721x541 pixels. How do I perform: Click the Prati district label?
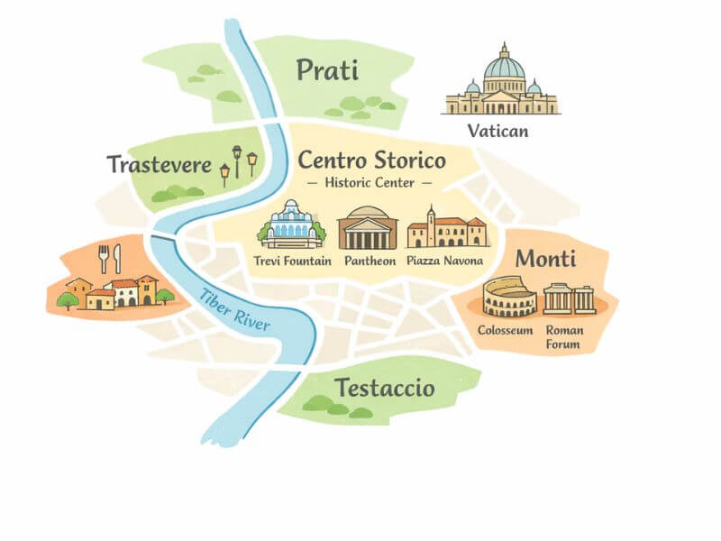point(327,70)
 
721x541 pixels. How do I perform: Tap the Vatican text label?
point(497,132)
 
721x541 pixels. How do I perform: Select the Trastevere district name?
point(159,165)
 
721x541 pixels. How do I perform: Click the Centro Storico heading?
point(371,161)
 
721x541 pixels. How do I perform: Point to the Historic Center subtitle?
point(370,183)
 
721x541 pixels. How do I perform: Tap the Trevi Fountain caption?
point(293,261)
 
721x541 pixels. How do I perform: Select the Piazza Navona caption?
point(445,261)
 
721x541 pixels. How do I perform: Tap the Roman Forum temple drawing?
point(571,298)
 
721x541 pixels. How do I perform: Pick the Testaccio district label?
point(385,389)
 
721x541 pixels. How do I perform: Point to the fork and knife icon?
point(109,259)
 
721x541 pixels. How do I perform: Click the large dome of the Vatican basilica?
point(503,64)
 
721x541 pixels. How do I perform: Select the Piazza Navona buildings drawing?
point(446,229)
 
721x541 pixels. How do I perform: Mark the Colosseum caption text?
point(506,330)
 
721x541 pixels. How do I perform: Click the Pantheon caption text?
point(368,261)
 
